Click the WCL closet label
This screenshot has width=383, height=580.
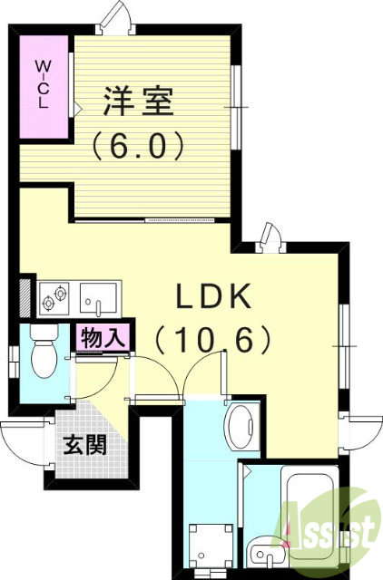click(x=43, y=83)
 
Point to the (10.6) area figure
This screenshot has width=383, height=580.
click(x=213, y=340)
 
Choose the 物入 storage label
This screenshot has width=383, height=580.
click(x=103, y=338)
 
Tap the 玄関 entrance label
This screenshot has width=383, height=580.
click(x=84, y=445)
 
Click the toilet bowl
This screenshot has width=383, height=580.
click(x=43, y=356)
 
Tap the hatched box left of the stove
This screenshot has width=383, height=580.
click(x=25, y=295)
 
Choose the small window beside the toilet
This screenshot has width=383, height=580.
click(x=13, y=361)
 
